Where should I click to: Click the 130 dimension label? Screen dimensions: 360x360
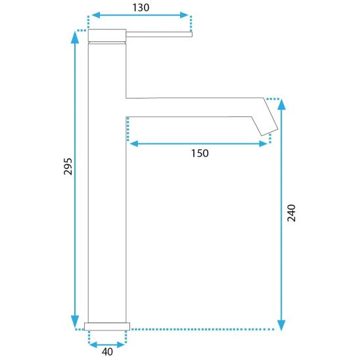pyautogui.click(x=141, y=8)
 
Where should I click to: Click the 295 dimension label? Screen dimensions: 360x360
pyautogui.click(x=68, y=166)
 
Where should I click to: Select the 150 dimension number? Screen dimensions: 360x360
pyautogui.click(x=200, y=153)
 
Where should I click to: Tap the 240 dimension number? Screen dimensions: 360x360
pyautogui.click(x=292, y=213)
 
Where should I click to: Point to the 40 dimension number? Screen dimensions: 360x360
pyautogui.click(x=107, y=351)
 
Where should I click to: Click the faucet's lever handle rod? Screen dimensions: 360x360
pyautogui.click(x=159, y=34)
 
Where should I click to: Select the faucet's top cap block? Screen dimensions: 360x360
pyautogui.click(x=107, y=35)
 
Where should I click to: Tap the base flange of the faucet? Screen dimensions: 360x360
pyautogui.click(x=107, y=326)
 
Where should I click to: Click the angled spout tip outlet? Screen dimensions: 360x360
pyautogui.click(x=270, y=132)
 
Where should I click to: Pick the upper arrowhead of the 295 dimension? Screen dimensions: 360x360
pyautogui.click(x=75, y=37)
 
